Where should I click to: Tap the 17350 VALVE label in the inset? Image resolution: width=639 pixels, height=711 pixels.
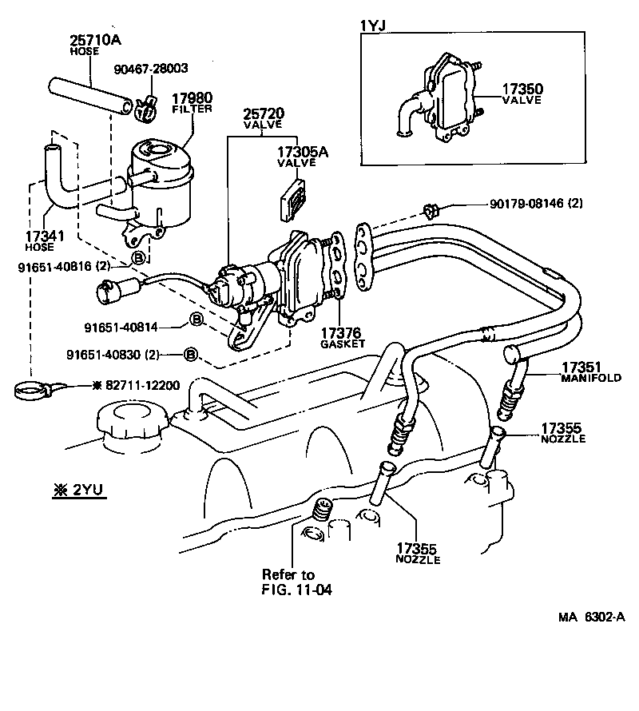[522, 93]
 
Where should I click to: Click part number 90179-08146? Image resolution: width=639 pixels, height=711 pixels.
[536, 204]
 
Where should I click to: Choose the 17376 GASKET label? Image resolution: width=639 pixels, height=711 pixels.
[342, 337]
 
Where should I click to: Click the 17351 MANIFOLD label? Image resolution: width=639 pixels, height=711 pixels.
[590, 371]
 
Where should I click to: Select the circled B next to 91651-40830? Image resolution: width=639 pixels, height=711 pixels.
[190, 353]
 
